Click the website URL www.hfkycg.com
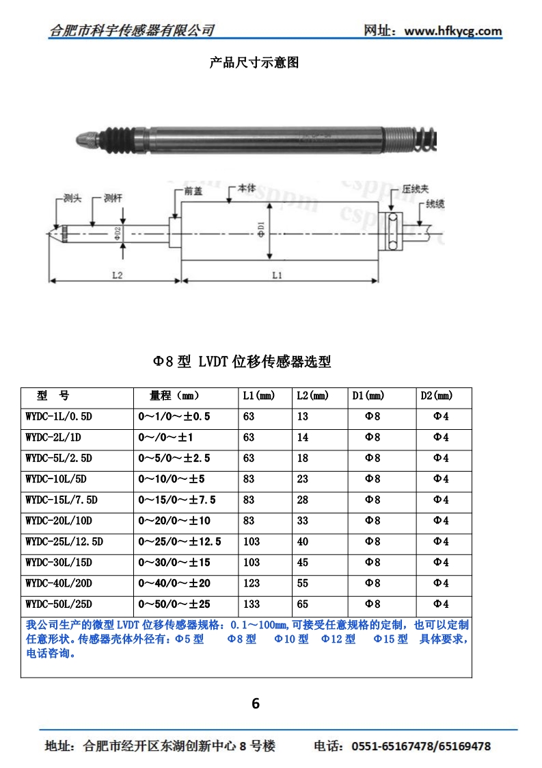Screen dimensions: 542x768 [x=453, y=31]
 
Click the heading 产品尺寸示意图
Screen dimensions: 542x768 [x=254, y=62]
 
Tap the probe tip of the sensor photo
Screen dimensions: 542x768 [x=82, y=140]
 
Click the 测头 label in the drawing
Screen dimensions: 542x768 [x=72, y=198]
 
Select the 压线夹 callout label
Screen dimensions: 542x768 [x=416, y=189]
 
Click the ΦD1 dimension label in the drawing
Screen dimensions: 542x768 [x=260, y=229]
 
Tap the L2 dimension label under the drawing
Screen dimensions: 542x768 [x=117, y=275]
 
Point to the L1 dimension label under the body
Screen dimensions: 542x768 [x=277, y=275]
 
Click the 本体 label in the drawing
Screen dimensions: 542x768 [x=247, y=188]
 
